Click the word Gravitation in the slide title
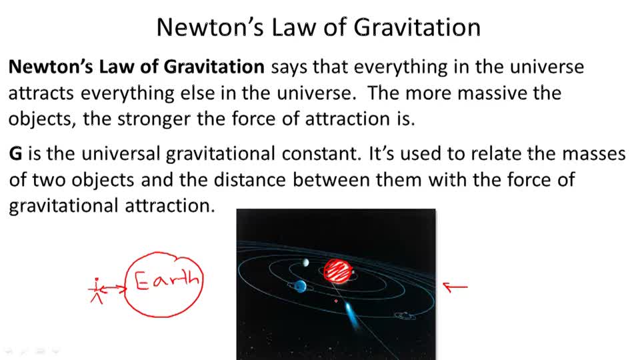click(x=417, y=27)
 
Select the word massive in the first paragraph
click(x=488, y=93)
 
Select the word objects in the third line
click(x=39, y=119)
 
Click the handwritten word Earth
click(x=167, y=281)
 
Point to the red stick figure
click(x=97, y=289)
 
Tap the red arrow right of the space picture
click(x=455, y=287)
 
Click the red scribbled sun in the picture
click(x=339, y=271)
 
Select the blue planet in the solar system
click(x=301, y=286)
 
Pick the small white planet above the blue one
click(x=305, y=263)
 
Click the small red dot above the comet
click(x=335, y=301)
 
